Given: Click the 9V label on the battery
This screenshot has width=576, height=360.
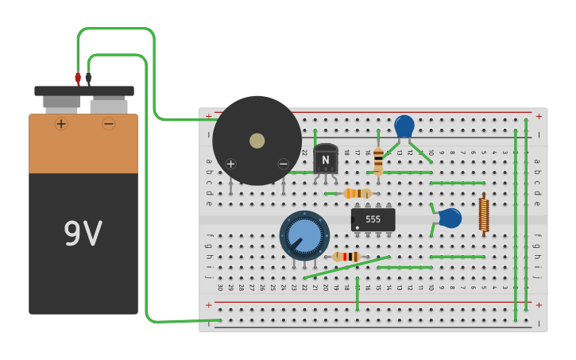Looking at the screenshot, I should (x=83, y=234).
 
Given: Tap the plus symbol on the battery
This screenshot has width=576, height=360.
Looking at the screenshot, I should (x=61, y=124).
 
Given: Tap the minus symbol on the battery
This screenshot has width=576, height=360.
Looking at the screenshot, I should (x=108, y=124).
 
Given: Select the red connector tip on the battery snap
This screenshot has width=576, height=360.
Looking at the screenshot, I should (x=78, y=78).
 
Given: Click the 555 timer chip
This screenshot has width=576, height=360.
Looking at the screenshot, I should (x=373, y=219).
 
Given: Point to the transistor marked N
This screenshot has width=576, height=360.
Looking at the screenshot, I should (x=325, y=160).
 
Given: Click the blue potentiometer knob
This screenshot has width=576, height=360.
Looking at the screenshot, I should (x=304, y=234).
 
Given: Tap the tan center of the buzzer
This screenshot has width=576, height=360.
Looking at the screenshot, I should (x=257, y=141).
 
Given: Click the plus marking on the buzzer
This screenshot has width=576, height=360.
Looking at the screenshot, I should (x=230, y=164).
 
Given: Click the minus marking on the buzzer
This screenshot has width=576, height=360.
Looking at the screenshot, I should (x=283, y=164).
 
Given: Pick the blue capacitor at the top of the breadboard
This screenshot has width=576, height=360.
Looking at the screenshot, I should (x=404, y=126).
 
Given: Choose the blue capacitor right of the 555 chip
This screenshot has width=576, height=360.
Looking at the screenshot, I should (x=450, y=219).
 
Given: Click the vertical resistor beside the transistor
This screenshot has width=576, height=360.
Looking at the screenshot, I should (x=378, y=160).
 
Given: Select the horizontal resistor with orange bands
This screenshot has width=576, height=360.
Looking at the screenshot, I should (x=358, y=193).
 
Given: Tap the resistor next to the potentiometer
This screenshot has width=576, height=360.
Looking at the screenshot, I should (x=346, y=256).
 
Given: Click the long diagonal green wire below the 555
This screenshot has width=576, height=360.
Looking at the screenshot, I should (x=347, y=267).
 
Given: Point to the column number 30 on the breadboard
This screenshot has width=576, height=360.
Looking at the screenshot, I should (x=220, y=287).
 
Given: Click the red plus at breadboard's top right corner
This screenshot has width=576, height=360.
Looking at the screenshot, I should (x=539, y=116).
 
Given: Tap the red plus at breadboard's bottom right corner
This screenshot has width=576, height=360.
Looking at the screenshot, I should (x=539, y=305).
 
